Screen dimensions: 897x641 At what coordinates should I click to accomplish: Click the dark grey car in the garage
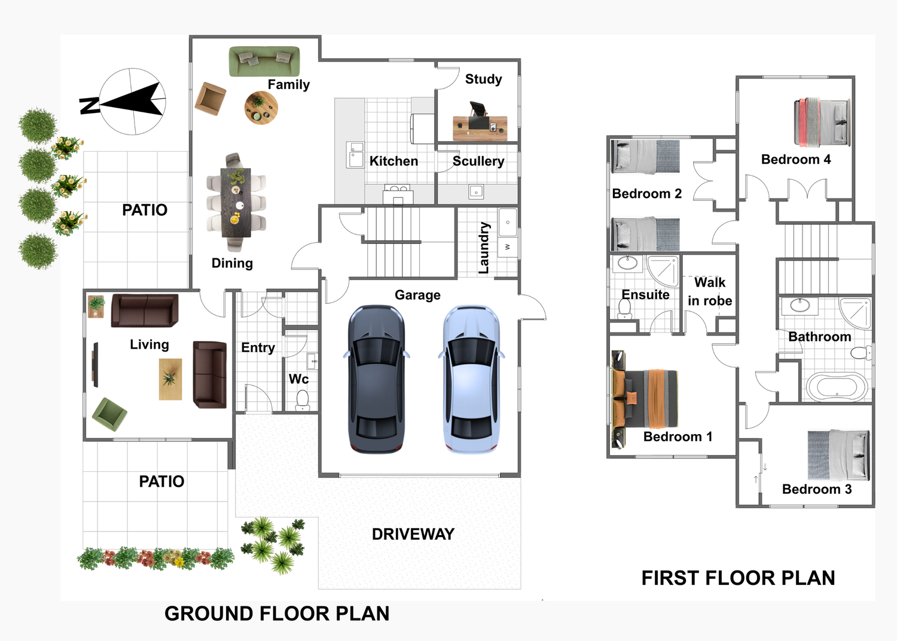point(376,379)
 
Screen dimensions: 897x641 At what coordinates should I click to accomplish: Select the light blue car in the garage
point(471,379)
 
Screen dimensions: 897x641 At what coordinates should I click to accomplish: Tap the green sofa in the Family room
point(264,61)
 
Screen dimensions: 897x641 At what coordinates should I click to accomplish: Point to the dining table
point(236,203)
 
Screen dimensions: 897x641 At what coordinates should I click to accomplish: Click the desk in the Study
point(480,128)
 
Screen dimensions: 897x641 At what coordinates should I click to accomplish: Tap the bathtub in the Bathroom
point(837,387)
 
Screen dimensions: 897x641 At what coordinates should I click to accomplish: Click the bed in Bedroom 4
point(822,122)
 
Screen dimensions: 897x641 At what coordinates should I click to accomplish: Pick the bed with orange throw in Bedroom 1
point(645,399)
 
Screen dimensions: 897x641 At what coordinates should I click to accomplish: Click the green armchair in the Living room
point(109,414)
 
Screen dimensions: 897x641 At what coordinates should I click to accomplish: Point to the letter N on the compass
point(89,105)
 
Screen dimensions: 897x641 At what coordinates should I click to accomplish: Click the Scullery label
point(478,161)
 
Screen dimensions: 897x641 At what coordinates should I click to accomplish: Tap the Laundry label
point(484,248)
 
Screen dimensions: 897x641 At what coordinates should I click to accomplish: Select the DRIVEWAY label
point(413,534)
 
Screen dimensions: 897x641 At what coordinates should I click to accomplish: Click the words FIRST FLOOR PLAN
point(738,578)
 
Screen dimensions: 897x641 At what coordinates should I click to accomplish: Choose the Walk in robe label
point(710,291)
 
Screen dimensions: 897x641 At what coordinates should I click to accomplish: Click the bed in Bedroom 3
point(838,455)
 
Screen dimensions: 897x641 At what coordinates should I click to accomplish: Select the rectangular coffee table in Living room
point(170,379)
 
